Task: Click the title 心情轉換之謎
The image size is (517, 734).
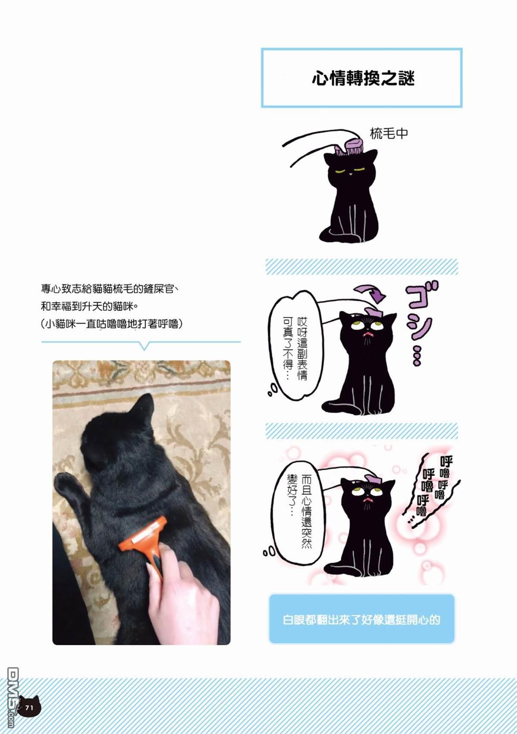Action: coord(363,79)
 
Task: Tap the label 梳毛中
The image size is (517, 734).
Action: coord(389,134)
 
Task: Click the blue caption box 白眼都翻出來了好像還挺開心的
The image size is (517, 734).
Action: coord(361,620)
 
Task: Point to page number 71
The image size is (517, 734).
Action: coord(29,707)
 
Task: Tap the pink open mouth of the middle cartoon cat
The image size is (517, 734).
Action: coord(367,334)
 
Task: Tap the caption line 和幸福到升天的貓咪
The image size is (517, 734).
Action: coord(89,306)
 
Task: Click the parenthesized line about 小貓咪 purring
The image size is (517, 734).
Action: coord(112,324)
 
